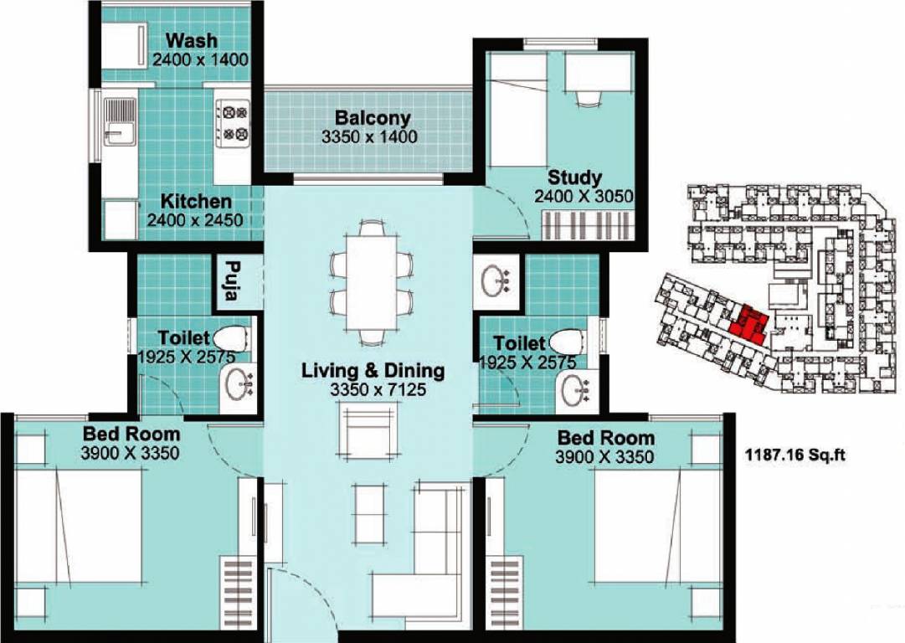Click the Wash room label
point(192,40)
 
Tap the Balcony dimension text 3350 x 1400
point(369,136)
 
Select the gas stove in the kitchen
point(232,122)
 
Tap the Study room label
point(574,177)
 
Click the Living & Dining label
point(373,370)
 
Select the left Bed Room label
point(131,434)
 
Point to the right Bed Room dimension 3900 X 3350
point(604,457)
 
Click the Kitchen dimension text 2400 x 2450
point(195,220)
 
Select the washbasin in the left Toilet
point(241,386)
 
